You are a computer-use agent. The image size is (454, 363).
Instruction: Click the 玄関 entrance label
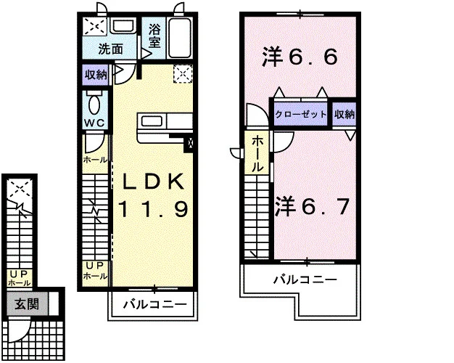[x=27, y=304]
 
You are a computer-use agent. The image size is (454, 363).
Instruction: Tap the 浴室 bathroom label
[x=154, y=36]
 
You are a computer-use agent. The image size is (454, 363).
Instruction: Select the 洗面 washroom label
[x=111, y=49]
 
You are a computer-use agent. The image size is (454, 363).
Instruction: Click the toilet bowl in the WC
[x=95, y=103]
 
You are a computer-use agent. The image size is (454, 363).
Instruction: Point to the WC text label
[x=94, y=123]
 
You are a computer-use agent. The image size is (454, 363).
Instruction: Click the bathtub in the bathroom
[x=180, y=38]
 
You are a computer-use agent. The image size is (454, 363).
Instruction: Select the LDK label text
[x=154, y=181]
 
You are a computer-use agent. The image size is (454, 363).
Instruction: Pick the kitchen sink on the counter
[x=151, y=120]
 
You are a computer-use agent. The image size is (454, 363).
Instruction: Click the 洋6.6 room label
[x=300, y=57]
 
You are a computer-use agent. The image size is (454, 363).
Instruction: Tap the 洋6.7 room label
[x=312, y=207]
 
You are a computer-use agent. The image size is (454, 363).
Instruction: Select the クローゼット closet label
[x=301, y=114]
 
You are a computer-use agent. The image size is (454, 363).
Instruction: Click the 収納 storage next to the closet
[x=344, y=114]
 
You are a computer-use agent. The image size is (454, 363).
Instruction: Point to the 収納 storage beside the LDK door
[x=95, y=75]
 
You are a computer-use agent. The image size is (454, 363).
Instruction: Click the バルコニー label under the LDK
[x=155, y=304]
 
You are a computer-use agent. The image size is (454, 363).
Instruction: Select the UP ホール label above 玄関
[x=20, y=278]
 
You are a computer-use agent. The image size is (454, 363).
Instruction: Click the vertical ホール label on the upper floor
[x=256, y=154]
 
